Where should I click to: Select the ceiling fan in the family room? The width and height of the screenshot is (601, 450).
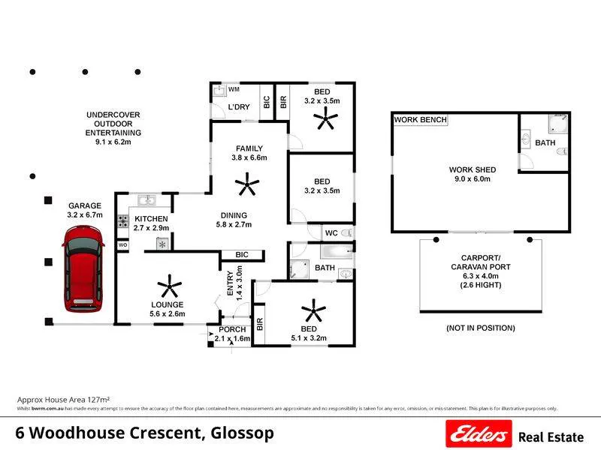tap(245, 182)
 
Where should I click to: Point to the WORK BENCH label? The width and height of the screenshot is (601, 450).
tap(421, 120)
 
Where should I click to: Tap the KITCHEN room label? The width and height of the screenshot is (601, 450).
tap(152, 218)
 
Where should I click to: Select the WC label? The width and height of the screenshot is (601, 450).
tap(331, 233)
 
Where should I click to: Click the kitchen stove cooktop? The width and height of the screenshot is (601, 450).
tap(122, 222)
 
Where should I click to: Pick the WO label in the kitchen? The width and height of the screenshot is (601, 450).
tap(122, 244)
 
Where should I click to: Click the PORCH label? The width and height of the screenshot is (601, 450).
tap(231, 330)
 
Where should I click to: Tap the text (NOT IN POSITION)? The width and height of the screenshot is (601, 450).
tap(481, 328)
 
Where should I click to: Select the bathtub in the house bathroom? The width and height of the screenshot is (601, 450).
tap(336, 252)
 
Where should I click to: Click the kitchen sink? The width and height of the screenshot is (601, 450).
tap(148, 199)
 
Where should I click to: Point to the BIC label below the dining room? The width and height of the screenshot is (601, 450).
tap(241, 255)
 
